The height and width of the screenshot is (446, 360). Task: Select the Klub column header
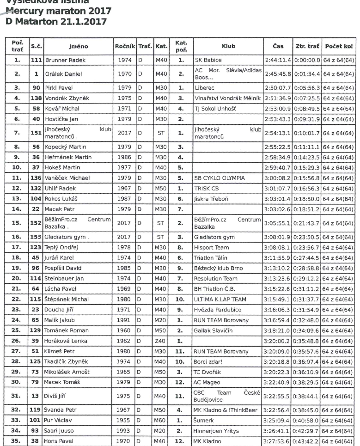(228, 46)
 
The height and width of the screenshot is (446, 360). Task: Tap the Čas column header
(278, 46)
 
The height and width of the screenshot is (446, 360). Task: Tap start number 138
(37, 98)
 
